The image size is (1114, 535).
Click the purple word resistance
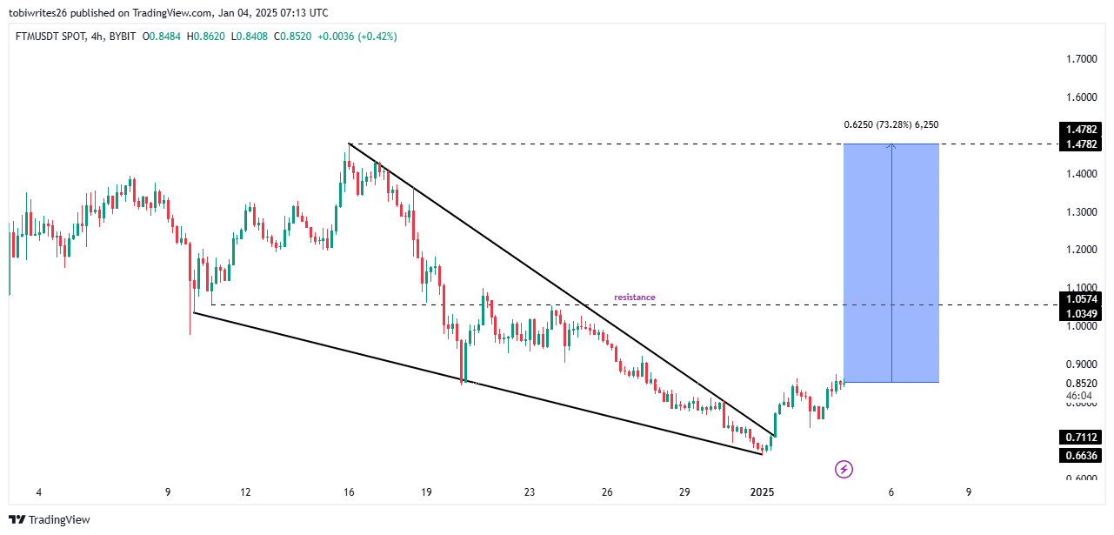634,298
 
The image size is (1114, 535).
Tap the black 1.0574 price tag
1081,299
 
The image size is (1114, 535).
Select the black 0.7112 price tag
1081,437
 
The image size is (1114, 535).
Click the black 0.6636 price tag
1081,455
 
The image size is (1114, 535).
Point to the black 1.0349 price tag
1081,313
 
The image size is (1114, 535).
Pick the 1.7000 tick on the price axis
1081,59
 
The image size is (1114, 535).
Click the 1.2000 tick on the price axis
1081,250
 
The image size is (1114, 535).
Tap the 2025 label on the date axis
763,492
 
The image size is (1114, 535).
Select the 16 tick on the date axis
349,492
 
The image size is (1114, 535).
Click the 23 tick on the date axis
530,492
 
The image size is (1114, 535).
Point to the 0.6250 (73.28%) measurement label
891,125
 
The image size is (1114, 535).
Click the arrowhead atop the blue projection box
891,146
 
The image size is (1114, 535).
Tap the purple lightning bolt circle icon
844,470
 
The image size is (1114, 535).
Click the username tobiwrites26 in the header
39,13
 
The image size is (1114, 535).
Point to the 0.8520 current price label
1081,384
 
